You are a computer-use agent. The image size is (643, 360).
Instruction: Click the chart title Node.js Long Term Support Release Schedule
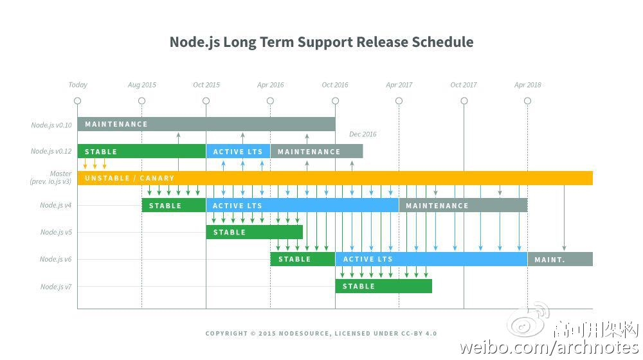pyautogui.click(x=321, y=42)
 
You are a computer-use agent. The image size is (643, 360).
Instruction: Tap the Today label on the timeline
pyautogui.click(x=78, y=85)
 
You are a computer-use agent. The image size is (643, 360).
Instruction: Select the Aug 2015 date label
pyautogui.click(x=142, y=85)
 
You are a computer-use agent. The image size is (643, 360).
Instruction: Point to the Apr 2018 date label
pyautogui.click(x=528, y=85)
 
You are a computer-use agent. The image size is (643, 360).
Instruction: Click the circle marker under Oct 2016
pyautogui.click(x=335, y=101)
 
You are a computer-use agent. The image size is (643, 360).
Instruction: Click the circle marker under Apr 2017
pyautogui.click(x=399, y=101)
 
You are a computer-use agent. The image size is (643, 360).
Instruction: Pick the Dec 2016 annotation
pyautogui.click(x=363, y=134)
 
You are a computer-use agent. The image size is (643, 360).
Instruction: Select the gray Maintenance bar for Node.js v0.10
pyautogui.click(x=206, y=124)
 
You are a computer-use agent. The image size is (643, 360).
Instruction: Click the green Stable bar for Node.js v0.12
pyautogui.click(x=141, y=152)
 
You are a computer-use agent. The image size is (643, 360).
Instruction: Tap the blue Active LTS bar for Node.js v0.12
pyautogui.click(x=238, y=152)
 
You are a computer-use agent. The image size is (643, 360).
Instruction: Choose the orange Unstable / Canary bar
pyautogui.click(x=334, y=178)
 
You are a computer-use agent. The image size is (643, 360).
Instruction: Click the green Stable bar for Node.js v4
pyautogui.click(x=174, y=206)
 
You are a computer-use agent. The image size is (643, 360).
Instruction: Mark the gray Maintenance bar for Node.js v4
pyautogui.click(x=463, y=206)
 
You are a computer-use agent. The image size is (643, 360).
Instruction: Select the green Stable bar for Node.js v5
pyautogui.click(x=254, y=232)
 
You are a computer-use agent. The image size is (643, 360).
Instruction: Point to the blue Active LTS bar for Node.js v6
pyautogui.click(x=431, y=259)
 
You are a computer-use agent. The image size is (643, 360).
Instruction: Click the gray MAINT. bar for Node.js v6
pyautogui.click(x=560, y=259)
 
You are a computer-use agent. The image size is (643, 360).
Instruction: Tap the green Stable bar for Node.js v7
pyautogui.click(x=383, y=286)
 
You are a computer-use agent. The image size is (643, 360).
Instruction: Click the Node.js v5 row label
pyautogui.click(x=56, y=232)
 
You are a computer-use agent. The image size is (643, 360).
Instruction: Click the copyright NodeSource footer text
pyautogui.click(x=321, y=334)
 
